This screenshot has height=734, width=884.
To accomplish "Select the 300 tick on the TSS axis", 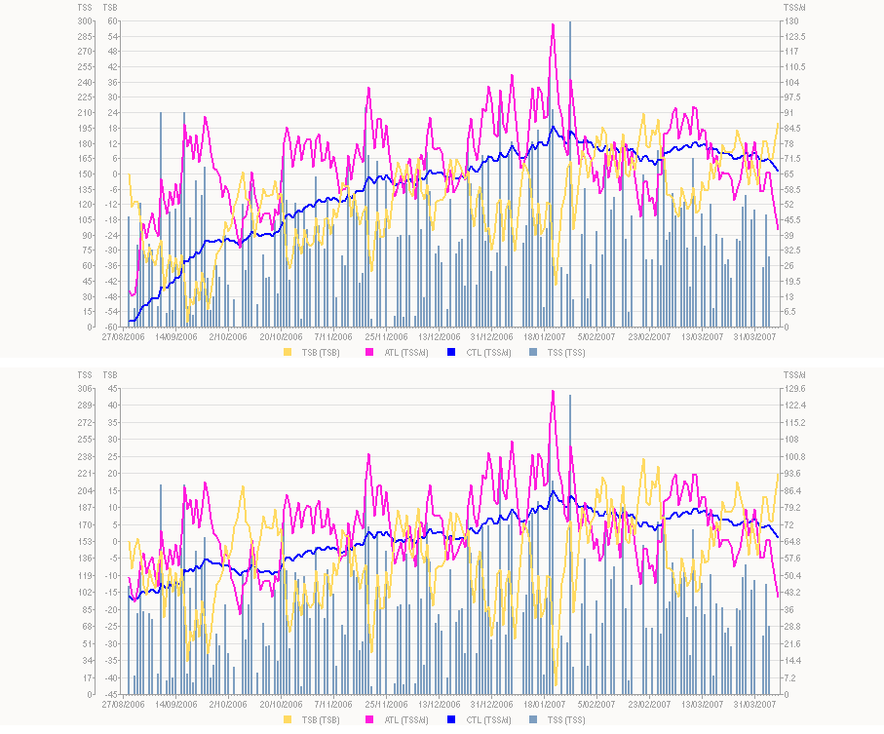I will pyautogui.click(x=86, y=20).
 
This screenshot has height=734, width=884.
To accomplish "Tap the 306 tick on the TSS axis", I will pyautogui.click(x=86, y=388).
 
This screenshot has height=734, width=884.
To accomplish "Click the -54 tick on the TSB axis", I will pyautogui.click(x=112, y=311).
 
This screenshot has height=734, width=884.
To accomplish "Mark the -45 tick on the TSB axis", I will pyautogui.click(x=112, y=694).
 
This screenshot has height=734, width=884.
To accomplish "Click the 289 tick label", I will pyautogui.click(x=86, y=405).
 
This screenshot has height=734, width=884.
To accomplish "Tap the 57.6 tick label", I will pyautogui.click(x=795, y=559).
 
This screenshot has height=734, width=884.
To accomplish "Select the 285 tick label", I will pyautogui.click(x=86, y=36).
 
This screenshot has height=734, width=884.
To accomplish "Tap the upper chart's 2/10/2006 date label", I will pyautogui.click(x=229, y=336).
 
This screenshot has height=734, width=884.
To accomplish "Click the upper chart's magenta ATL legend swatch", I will pyautogui.click(x=369, y=351).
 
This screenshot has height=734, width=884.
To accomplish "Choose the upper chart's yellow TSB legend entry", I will pyautogui.click(x=311, y=351).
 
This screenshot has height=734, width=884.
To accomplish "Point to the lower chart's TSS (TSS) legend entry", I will pyautogui.click(x=559, y=719).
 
